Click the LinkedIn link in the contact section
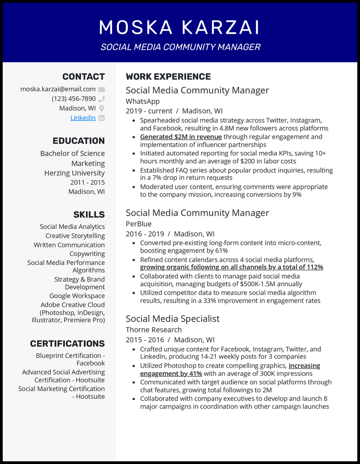[x=83, y=118]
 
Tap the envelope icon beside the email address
[x=102, y=89]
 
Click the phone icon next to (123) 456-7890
[x=102, y=99]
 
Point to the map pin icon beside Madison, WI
[x=102, y=108]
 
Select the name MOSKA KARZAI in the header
[x=180, y=27]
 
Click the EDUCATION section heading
[x=78, y=141]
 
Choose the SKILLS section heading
[x=89, y=214]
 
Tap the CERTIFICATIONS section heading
[x=67, y=344]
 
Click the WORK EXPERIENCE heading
[x=168, y=77]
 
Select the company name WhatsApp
[x=143, y=101]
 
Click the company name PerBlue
[x=139, y=224]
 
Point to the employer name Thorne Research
[x=153, y=330]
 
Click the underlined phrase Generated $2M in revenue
[x=181, y=137]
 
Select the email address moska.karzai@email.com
[x=58, y=89]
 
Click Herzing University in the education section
[x=74, y=173]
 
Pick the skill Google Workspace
[x=77, y=296]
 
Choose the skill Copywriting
[x=87, y=254]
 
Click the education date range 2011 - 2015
[x=87, y=183]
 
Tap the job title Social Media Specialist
[x=172, y=318]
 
